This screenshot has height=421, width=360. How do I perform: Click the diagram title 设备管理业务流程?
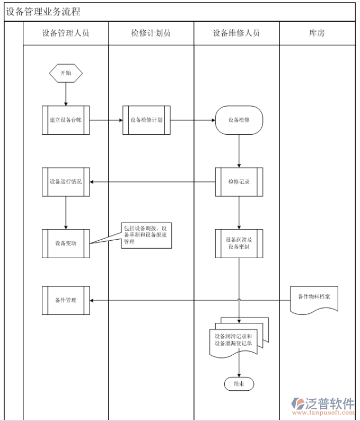click(43, 12)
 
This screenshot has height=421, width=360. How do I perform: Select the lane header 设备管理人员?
click(66, 33)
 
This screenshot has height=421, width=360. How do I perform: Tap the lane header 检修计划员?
click(151, 33)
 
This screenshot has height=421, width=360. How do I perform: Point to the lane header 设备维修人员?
click(236, 33)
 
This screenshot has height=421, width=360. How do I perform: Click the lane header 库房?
click(317, 33)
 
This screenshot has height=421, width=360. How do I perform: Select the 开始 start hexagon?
click(66, 73)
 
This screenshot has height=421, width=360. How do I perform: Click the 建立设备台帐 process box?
click(66, 120)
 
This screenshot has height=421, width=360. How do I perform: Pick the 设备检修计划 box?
click(146, 120)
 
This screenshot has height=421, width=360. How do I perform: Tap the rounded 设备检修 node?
click(239, 120)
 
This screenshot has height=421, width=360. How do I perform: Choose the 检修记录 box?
click(239, 182)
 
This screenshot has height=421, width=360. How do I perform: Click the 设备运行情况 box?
click(66, 182)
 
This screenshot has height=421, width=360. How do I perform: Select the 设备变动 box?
click(66, 243)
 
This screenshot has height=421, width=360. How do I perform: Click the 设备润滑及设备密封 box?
click(239, 243)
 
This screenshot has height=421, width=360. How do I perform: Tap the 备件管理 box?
click(66, 300)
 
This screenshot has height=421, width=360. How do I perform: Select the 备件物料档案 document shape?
click(314, 298)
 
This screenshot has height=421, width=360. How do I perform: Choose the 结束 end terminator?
click(239, 384)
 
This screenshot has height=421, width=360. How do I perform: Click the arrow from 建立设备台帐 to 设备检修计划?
click(106, 120)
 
